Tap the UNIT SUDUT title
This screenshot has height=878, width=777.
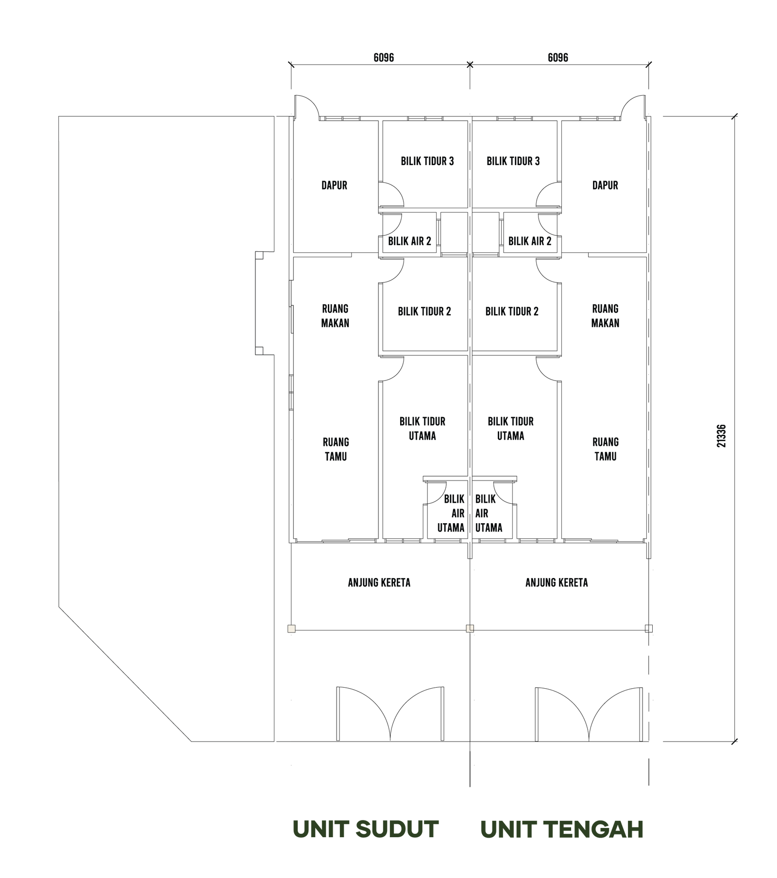[366, 829]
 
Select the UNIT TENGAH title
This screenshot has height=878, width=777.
[562, 829]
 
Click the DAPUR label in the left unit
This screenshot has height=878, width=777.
[334, 185]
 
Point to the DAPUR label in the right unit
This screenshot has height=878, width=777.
[605, 185]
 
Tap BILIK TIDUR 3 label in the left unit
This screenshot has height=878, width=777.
[427, 161]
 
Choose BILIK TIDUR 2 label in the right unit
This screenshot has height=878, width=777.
[512, 312]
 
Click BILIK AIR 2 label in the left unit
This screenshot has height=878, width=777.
[409, 241]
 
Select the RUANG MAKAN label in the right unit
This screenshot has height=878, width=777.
[605, 316]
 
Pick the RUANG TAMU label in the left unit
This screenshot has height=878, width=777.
[336, 449]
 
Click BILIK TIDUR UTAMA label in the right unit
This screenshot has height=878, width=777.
[510, 429]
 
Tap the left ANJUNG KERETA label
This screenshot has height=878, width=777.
[379, 582]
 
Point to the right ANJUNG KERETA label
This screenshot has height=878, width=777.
[557, 582]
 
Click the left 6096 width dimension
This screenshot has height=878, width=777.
[384, 57]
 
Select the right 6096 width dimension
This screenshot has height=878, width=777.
[558, 57]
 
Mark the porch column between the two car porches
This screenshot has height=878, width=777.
[470, 629]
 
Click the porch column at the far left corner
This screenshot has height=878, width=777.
[291, 629]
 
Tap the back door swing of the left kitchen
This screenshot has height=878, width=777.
[307, 107]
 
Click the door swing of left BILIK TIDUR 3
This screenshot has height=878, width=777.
[391, 195]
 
